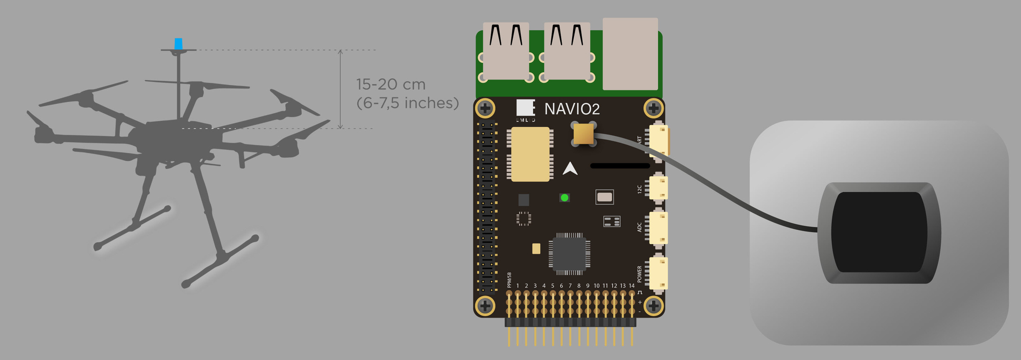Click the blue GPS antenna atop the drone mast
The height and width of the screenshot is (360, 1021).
click(x=179, y=43)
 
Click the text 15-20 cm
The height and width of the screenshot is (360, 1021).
click(x=391, y=84)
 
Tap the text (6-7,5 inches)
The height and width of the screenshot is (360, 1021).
click(x=408, y=103)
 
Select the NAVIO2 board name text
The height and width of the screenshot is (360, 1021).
click(x=572, y=109)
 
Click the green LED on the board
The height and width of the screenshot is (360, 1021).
click(x=565, y=197)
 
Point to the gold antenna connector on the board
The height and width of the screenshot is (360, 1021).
click(x=583, y=134)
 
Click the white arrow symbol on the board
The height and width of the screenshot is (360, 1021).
click(x=570, y=169)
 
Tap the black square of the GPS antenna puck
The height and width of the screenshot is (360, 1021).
click(x=879, y=232)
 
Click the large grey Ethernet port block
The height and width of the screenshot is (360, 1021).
click(x=630, y=54)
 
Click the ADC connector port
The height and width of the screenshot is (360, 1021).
click(x=658, y=228)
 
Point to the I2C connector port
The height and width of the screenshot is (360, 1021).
click(x=658, y=188)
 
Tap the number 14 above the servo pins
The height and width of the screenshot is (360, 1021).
click(x=632, y=286)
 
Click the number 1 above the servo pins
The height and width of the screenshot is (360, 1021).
click(x=518, y=286)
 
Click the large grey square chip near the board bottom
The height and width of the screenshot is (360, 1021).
click(x=569, y=254)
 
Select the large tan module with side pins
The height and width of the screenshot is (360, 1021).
click(x=530, y=154)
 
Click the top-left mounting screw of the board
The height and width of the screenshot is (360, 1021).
click(x=485, y=108)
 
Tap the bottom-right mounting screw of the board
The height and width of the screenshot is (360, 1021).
click(x=653, y=306)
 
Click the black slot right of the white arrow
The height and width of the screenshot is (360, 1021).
click(x=620, y=166)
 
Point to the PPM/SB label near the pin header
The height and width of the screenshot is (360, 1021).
click(x=509, y=280)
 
